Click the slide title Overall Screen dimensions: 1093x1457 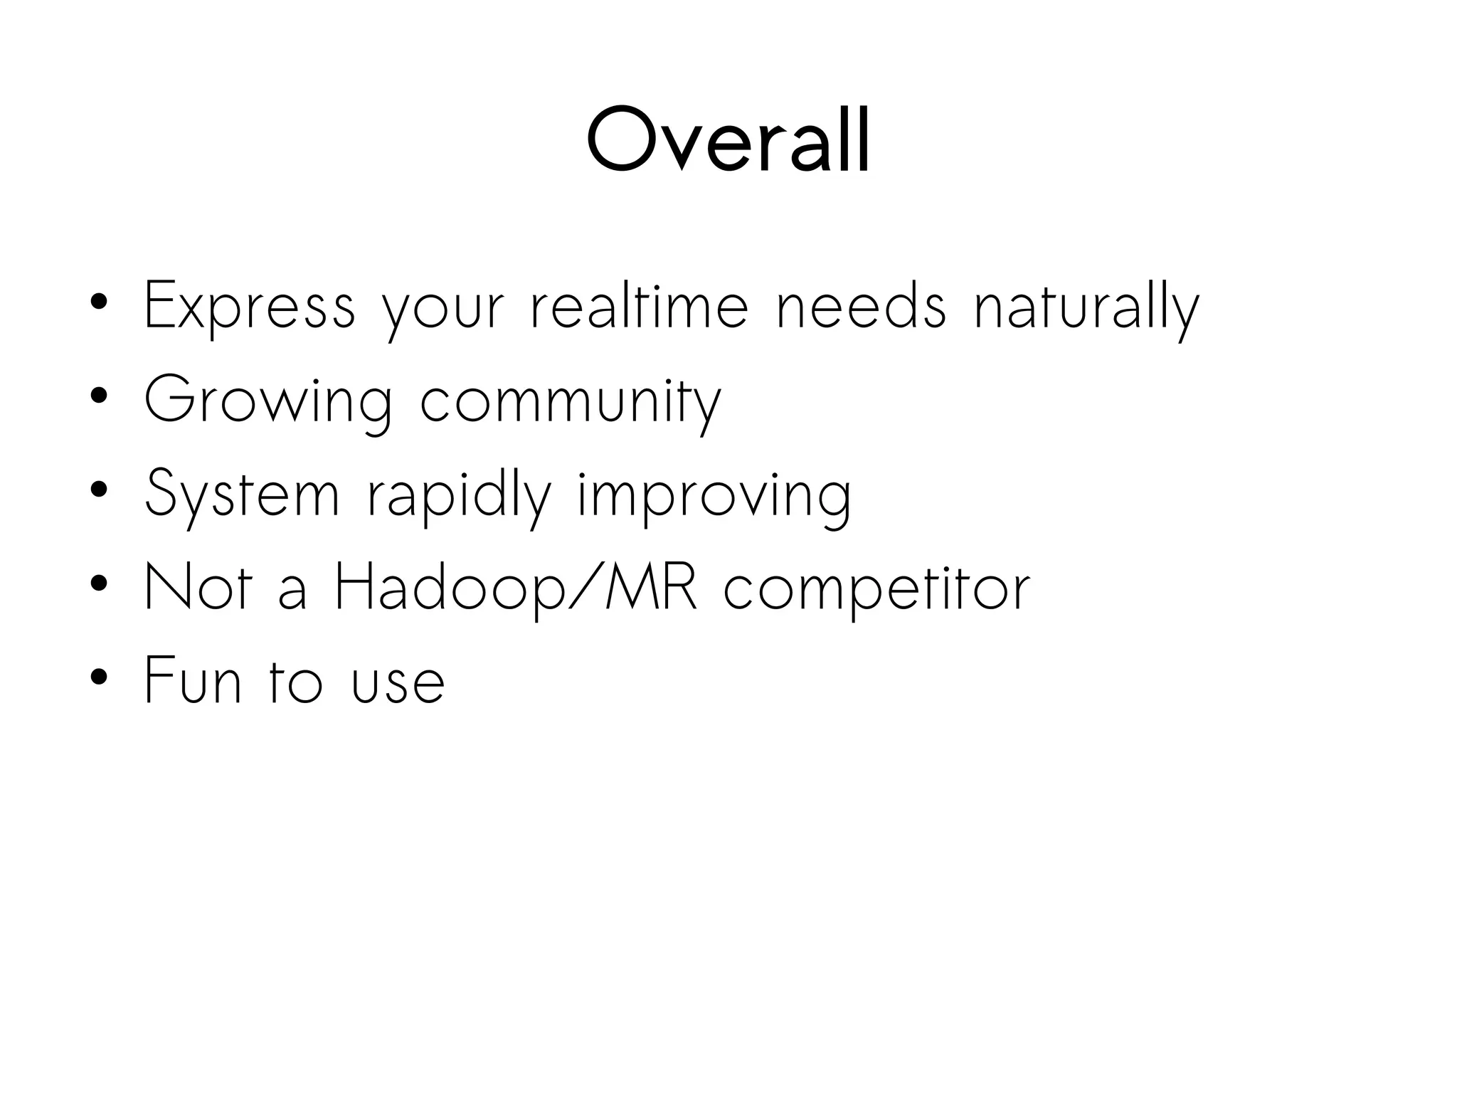(728, 139)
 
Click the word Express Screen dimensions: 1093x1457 (249, 307)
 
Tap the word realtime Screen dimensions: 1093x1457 (640, 307)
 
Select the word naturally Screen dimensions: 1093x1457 (1086, 307)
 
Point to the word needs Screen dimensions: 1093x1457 (861, 307)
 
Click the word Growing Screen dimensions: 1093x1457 (267, 401)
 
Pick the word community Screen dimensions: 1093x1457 (571, 401)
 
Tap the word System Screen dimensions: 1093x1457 (242, 494)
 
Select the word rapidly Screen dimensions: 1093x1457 (459, 494)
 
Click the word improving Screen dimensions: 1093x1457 (714, 494)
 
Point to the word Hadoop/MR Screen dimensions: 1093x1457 (516, 587)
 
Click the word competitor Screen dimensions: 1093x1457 (876, 587)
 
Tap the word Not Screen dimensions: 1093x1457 (198, 587)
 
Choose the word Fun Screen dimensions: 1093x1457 (193, 680)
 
